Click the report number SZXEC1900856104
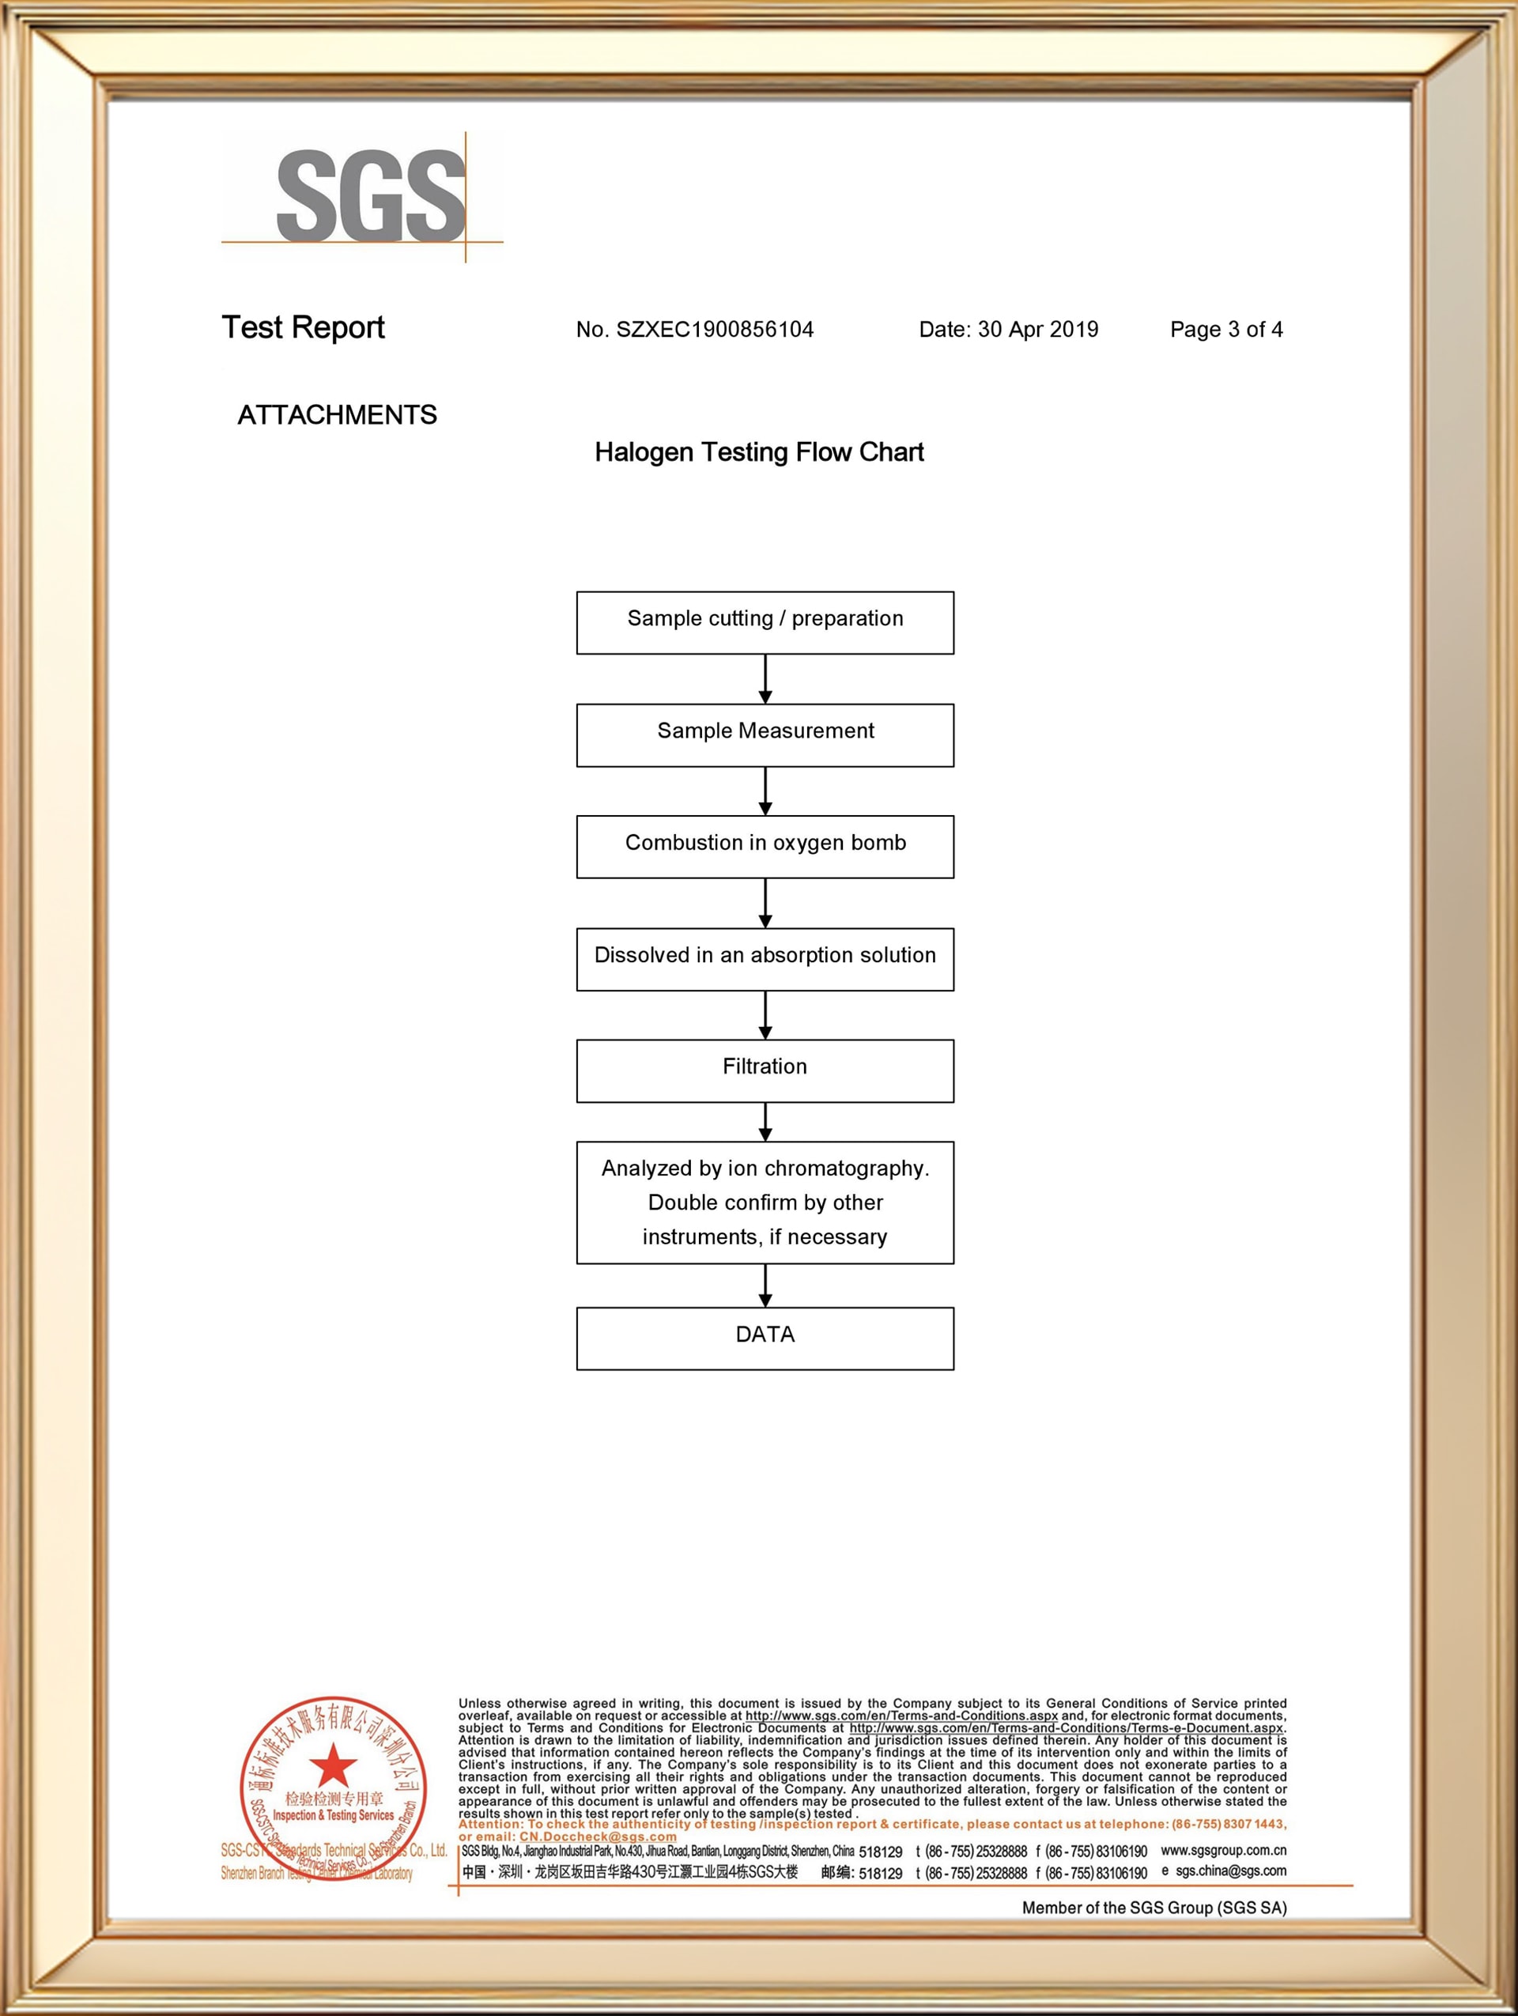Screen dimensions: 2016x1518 pos(715,329)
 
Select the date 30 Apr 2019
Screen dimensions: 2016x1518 pos(1037,329)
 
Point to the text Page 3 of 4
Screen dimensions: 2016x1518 pos(1225,329)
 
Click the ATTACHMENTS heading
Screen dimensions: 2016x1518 pos(337,415)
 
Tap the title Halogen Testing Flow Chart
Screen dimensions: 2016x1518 pos(759,452)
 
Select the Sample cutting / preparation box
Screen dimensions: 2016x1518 pos(765,622)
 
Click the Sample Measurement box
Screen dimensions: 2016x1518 pos(765,734)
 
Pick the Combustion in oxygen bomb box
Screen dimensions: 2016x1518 pos(765,847)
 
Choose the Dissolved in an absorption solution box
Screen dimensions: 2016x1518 pos(765,959)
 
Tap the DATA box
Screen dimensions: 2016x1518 pos(765,1338)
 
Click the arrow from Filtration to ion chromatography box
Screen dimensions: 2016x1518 pos(765,1122)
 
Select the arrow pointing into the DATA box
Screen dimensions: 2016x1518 pos(765,1285)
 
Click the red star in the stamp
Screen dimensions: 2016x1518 pos(334,1765)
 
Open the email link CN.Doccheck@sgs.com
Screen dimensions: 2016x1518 pos(598,1837)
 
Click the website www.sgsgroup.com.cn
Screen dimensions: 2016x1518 pos(1223,1850)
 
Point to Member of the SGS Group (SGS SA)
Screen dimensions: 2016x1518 pos(1154,1908)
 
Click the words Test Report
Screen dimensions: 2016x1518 pos(304,327)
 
